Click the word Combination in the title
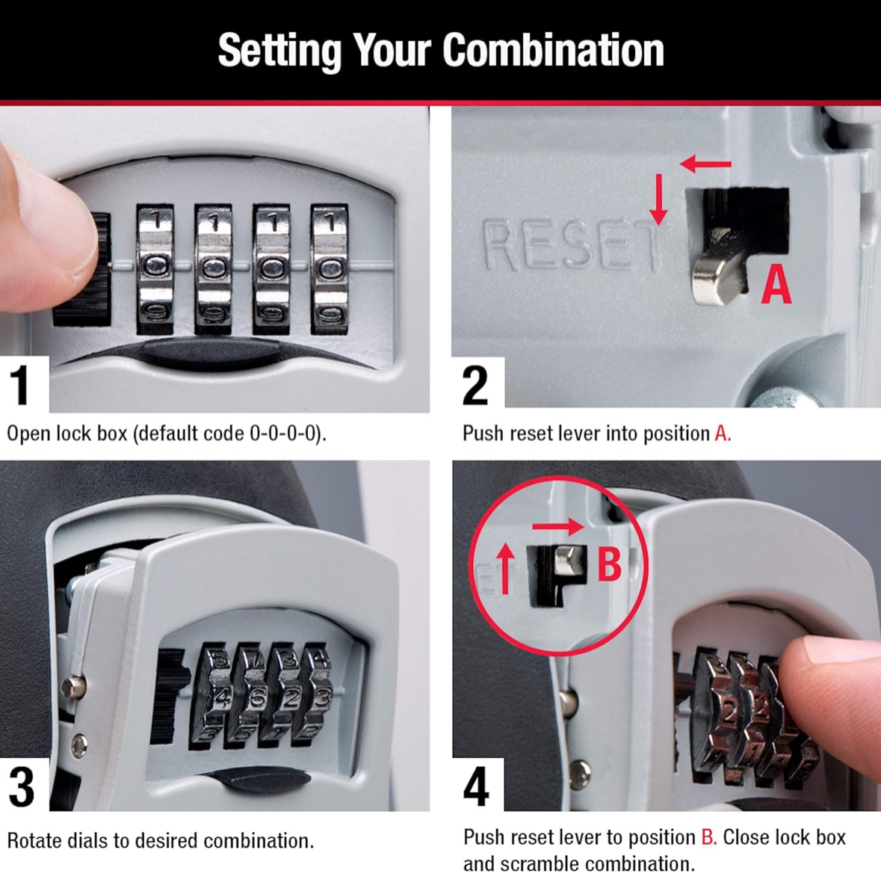[553, 51]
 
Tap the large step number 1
[21, 384]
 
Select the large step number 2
[476, 384]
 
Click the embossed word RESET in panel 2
[571, 244]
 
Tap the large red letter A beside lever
[776, 286]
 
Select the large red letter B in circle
[609, 564]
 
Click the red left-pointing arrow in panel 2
[705, 164]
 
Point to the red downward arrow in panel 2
[658, 199]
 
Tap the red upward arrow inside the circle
[506, 567]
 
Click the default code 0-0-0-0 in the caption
[285, 434]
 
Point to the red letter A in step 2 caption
[722, 434]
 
